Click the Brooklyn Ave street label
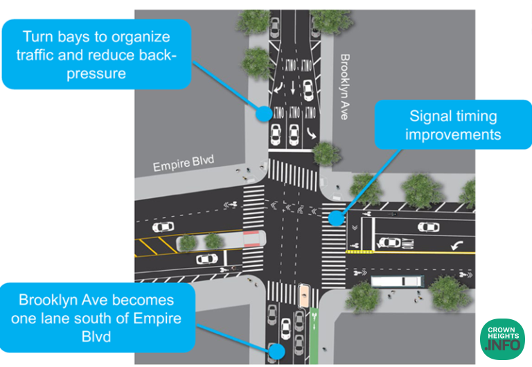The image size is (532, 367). pyautogui.click(x=344, y=87)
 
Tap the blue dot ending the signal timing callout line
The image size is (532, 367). pyautogui.click(x=336, y=218)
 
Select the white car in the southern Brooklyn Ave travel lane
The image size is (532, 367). pyautogui.click(x=285, y=325)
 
